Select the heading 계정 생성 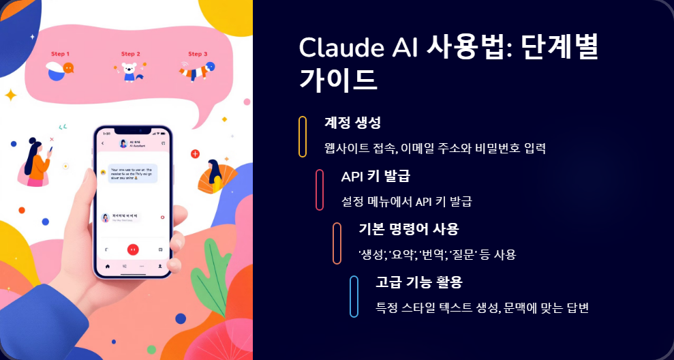[x=352, y=123]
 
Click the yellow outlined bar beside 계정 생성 [x=303, y=136]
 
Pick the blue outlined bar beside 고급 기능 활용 [x=354, y=296]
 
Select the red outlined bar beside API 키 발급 [x=320, y=190]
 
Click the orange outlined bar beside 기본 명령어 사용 [x=337, y=243]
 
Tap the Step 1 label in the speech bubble [x=60, y=54]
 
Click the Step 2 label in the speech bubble [x=131, y=54]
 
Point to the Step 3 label [x=198, y=54]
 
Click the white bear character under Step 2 [x=129, y=72]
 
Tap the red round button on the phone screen [x=133, y=250]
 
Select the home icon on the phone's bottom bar [x=108, y=265]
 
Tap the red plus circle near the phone [x=196, y=154]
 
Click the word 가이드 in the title [x=338, y=79]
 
